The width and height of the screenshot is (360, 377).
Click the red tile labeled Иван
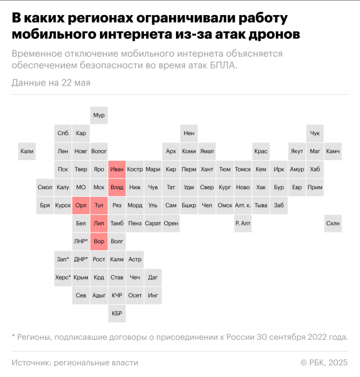pos(117,169)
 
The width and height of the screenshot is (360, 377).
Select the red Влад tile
pos(117,187)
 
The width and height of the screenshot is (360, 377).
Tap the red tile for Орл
pos(81,205)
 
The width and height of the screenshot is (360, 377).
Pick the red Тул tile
pos(99,205)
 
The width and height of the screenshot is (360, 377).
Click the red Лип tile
pos(99,223)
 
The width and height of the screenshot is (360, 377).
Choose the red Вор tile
pos(99,241)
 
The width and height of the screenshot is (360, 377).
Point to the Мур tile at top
pos(99,116)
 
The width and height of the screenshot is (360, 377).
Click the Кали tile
pos(27,151)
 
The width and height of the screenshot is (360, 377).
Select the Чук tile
pos(315,133)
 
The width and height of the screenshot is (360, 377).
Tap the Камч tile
pos(333,151)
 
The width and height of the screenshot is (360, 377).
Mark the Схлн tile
pos(333,223)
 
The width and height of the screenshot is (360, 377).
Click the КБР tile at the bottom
pos(117,313)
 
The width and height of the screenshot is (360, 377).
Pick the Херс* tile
pos(63,277)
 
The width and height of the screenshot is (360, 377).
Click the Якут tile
pos(297,151)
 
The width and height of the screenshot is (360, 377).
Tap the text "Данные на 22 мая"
pos(51,83)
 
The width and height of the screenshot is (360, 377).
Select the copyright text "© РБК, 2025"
pos(324,363)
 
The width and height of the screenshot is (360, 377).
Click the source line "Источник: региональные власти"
pos(75,363)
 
